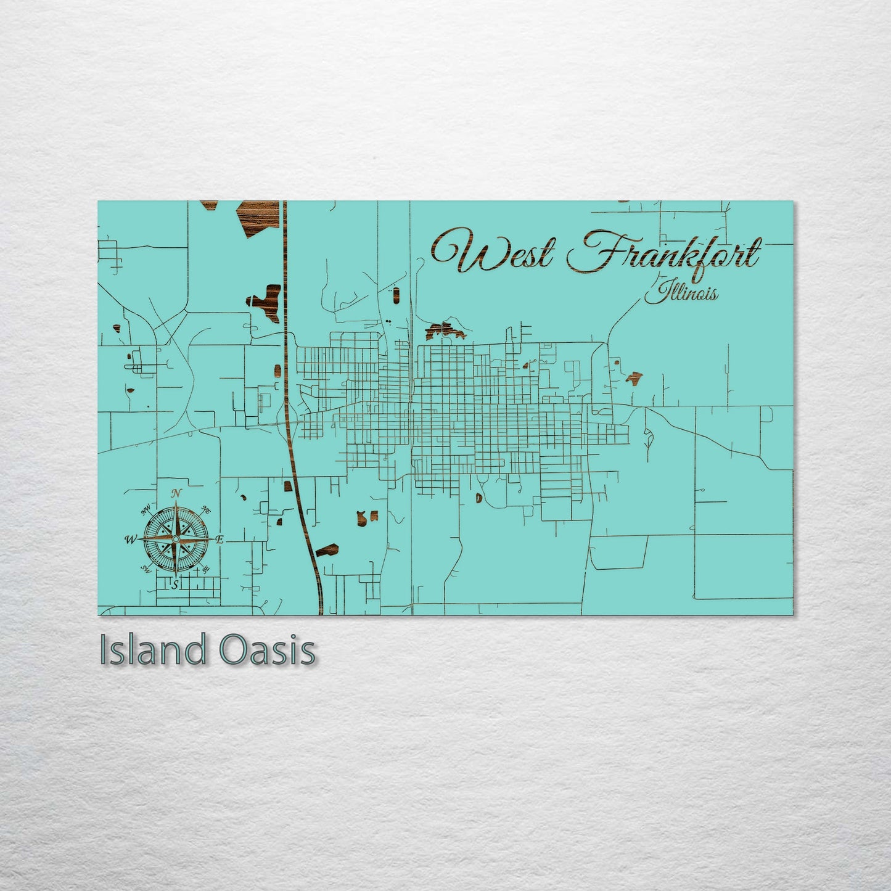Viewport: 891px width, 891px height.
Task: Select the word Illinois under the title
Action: pyautogui.click(x=681, y=292)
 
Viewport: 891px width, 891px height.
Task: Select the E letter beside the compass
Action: pyautogui.click(x=220, y=540)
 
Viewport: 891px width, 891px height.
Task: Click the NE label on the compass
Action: pyautogui.click(x=207, y=511)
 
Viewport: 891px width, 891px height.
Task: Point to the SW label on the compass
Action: pyautogui.click(x=147, y=569)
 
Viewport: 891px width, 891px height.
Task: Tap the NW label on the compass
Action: pyautogui.click(x=146, y=511)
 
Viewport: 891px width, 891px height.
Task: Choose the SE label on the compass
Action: pyautogui.click(x=207, y=569)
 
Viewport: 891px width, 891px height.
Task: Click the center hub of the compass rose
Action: pyautogui.click(x=176, y=540)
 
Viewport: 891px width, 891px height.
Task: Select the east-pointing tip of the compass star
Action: pyautogui.click(x=213, y=540)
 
